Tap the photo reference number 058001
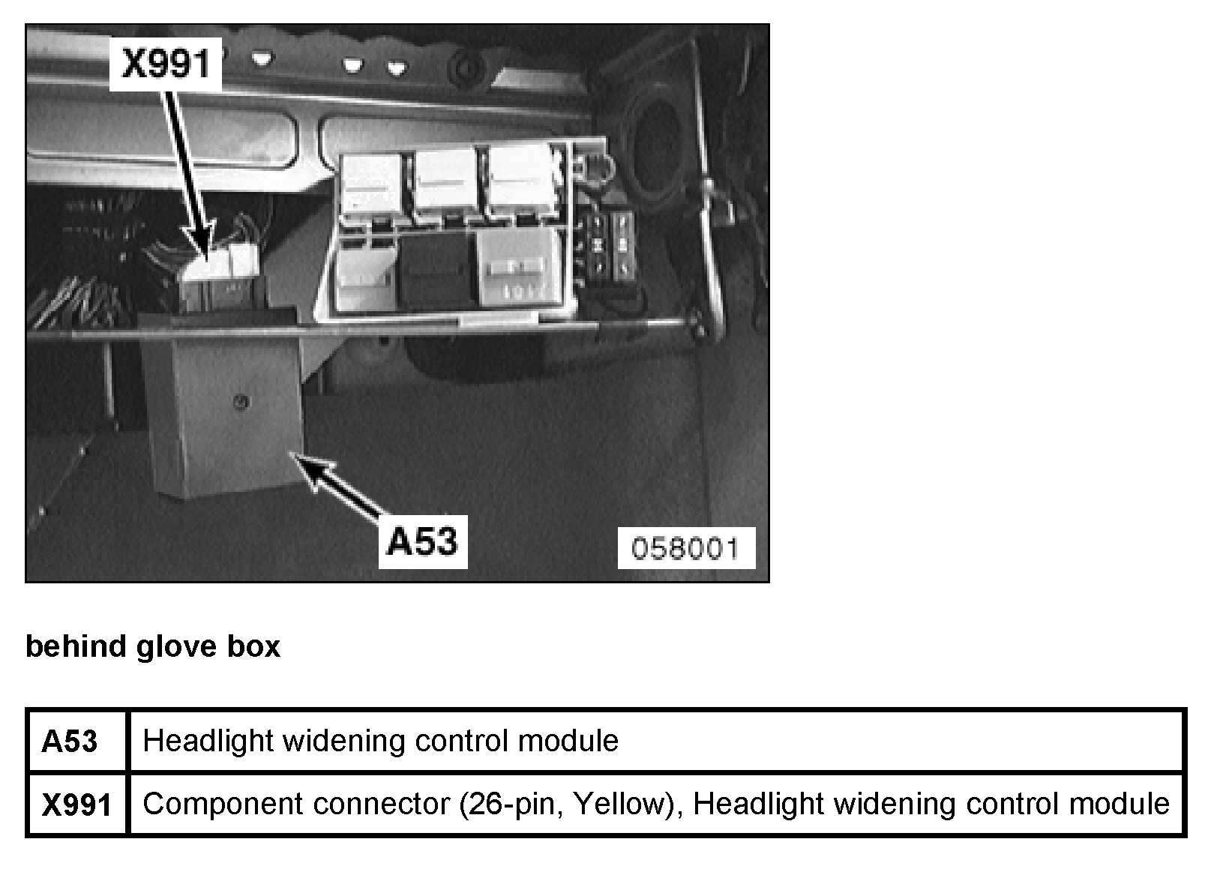[x=685, y=548]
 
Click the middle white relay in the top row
[x=446, y=179]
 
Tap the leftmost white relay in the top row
[x=370, y=182]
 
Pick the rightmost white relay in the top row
[x=521, y=178]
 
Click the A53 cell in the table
[x=70, y=742]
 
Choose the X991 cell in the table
[x=76, y=805]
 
